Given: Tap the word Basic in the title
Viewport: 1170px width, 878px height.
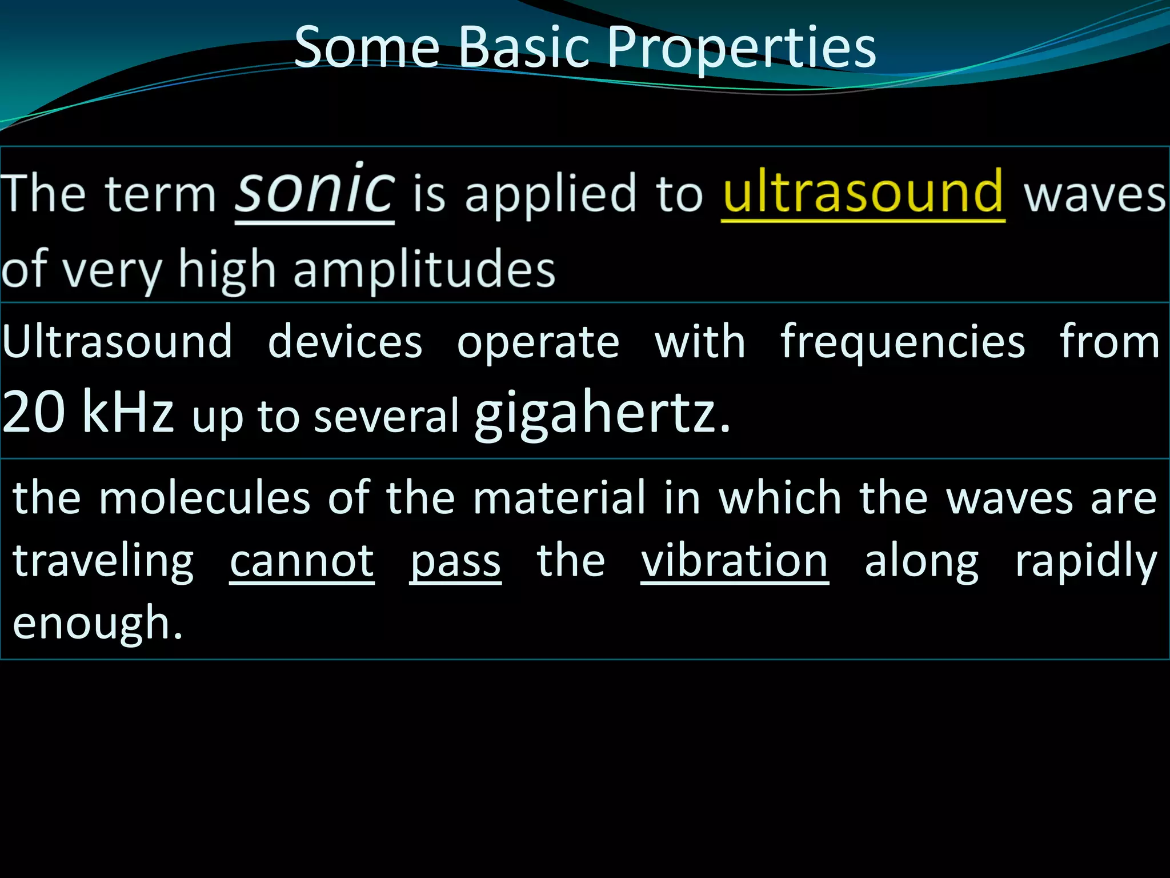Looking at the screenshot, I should coord(524,47).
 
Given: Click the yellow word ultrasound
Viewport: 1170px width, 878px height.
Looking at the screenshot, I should coord(863,192).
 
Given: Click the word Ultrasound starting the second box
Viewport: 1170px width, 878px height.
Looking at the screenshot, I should coord(117,342).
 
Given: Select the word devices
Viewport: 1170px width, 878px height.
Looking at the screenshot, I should coord(345,342).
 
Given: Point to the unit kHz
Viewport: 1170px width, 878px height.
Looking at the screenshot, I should coord(127,412).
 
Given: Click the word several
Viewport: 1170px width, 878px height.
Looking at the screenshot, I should coord(387,416).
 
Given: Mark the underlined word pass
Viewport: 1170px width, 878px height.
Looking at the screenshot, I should coord(455,562).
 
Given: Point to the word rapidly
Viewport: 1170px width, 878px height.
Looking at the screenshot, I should coord(1085,562).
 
